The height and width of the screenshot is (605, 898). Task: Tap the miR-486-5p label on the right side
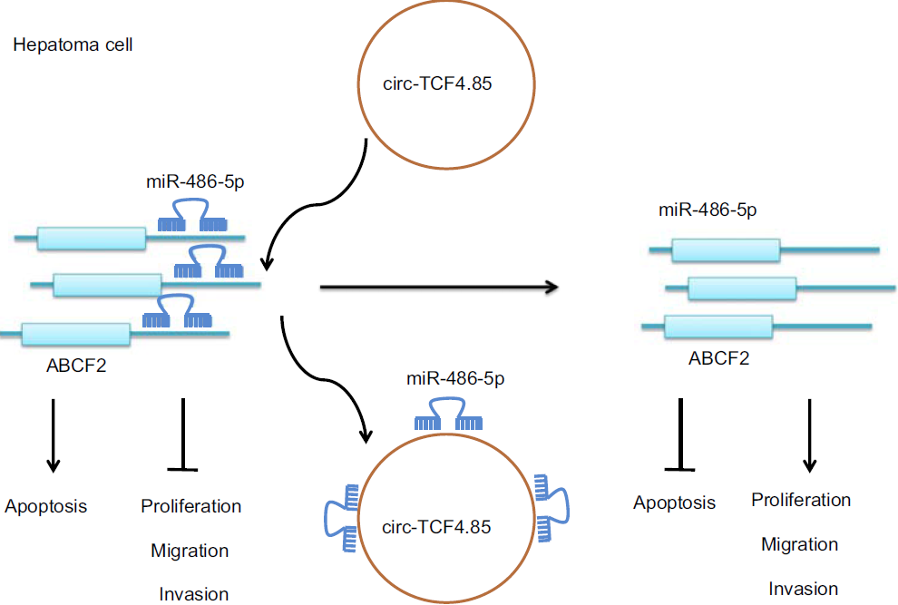[708, 210]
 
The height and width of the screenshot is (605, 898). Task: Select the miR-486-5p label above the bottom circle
[450, 379]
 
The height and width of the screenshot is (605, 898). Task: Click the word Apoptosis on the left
[46, 506]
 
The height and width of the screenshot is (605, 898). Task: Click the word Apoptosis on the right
[674, 502]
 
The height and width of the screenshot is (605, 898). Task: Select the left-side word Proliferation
[191, 506]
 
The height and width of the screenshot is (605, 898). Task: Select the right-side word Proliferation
[801, 500]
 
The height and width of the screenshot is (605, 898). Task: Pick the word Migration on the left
[190, 551]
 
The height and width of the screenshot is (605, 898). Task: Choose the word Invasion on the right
[804, 589]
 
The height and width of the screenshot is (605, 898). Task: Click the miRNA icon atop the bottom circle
[449, 415]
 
